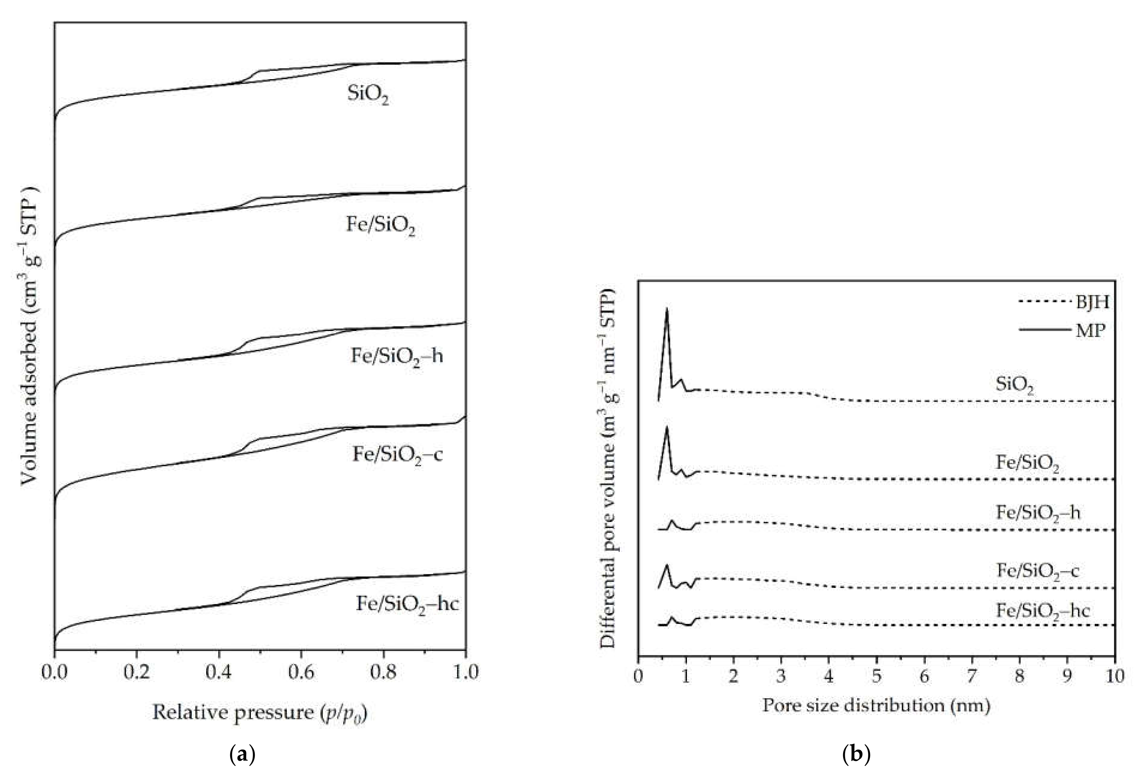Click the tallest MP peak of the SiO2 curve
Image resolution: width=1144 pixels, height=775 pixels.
tap(667, 309)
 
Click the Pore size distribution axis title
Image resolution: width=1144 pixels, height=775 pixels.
tap(876, 705)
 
